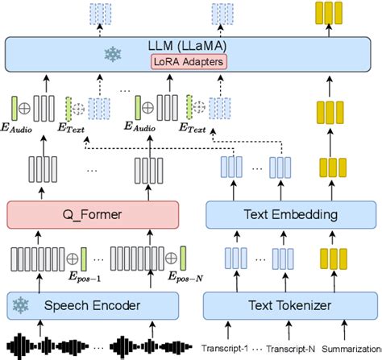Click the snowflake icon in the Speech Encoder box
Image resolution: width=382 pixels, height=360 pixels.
[24, 305]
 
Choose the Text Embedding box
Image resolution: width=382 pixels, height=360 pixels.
[280, 215]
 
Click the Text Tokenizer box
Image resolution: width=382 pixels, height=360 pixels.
[280, 305]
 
